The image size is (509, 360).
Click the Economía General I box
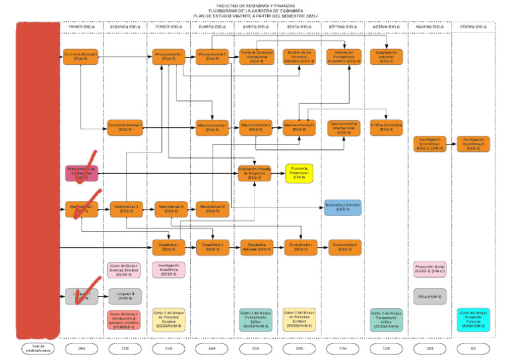(x=81, y=56)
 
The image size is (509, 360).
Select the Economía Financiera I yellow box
(x=299, y=174)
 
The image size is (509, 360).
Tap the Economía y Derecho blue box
(x=343, y=207)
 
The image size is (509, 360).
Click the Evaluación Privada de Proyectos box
(x=254, y=173)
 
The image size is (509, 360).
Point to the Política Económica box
(x=387, y=127)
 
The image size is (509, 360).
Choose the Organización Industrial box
(x=387, y=56)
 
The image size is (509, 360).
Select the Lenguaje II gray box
(x=125, y=295)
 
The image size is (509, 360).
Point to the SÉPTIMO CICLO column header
(x=343, y=27)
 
